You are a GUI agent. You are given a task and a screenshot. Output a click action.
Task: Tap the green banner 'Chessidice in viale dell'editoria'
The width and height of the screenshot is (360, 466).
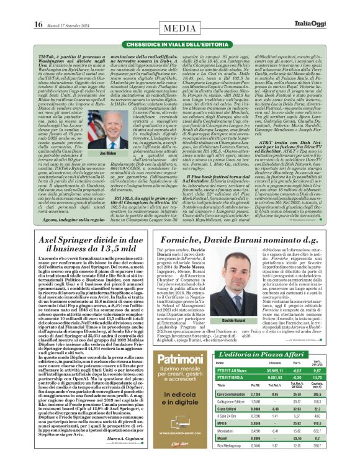click(181, 44)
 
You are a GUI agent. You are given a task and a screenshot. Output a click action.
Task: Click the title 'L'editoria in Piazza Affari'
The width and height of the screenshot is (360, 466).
click(283, 353)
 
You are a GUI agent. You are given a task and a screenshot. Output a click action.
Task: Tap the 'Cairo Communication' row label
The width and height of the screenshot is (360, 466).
click(250, 393)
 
